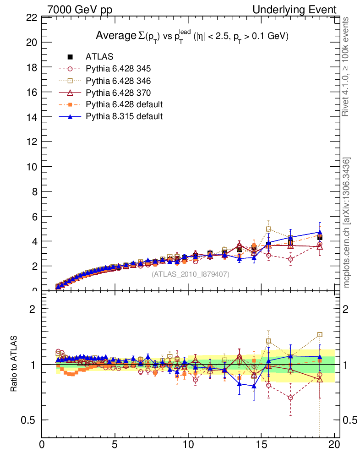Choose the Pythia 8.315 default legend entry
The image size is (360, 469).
point(124,116)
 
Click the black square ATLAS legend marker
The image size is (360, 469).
point(70,57)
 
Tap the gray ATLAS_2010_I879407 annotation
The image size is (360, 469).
point(191,274)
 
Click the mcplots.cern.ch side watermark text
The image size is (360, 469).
point(347,223)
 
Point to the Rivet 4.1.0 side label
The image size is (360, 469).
point(347,66)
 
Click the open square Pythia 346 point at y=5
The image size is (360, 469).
point(268,229)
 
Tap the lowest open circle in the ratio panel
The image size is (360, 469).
point(290,398)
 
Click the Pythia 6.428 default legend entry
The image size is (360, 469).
point(124,104)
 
